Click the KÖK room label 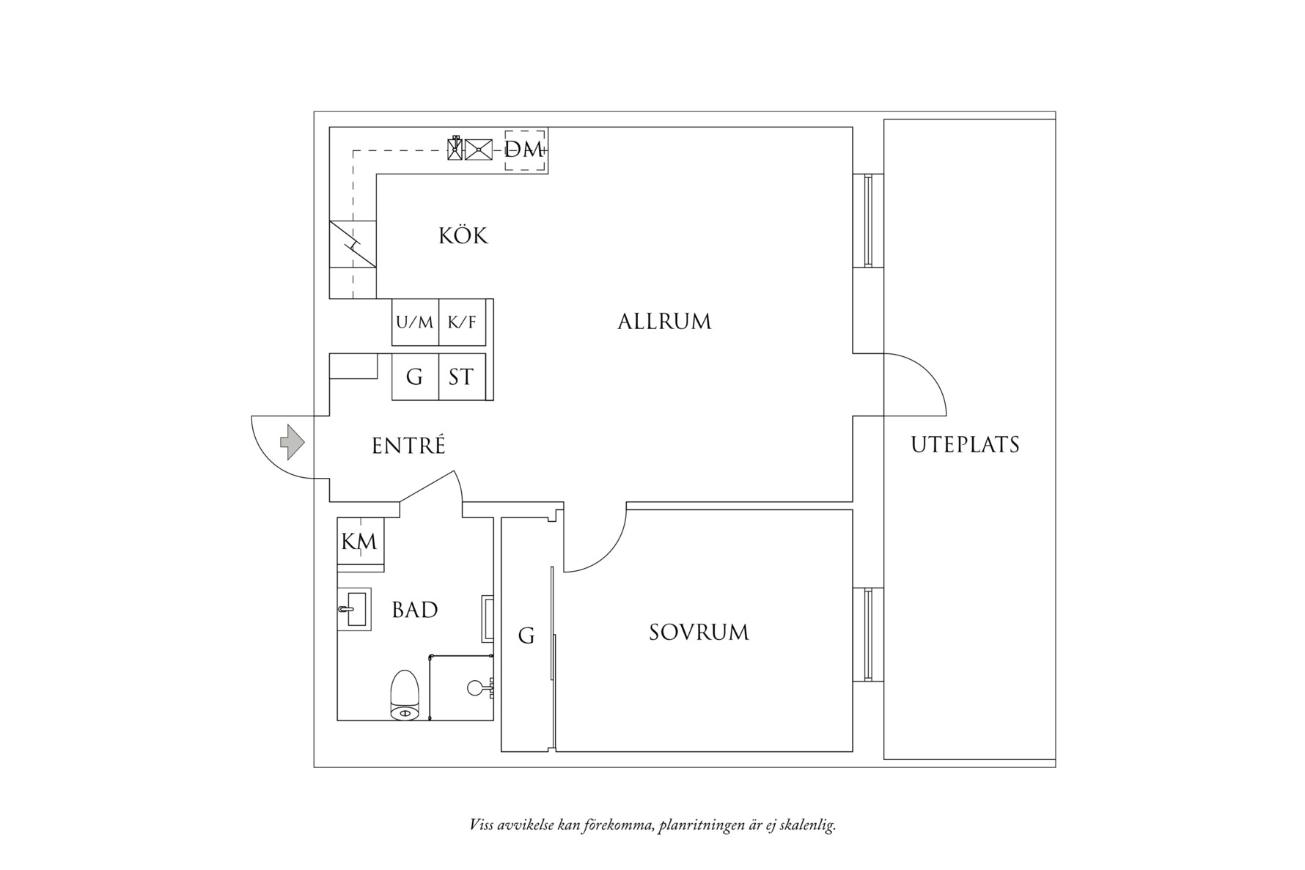[463, 236]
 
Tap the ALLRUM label [664, 322]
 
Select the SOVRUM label [699, 633]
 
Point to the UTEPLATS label [965, 445]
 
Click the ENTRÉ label [408, 446]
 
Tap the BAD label [415, 610]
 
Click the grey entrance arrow [293, 442]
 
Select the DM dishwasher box [524, 150]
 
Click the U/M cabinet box [415, 322]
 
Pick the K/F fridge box [462, 322]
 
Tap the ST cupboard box [461, 377]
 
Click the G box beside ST [415, 377]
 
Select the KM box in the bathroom [360, 542]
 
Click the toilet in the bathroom [405, 695]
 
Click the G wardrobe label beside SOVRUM [526, 635]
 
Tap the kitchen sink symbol [479, 150]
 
